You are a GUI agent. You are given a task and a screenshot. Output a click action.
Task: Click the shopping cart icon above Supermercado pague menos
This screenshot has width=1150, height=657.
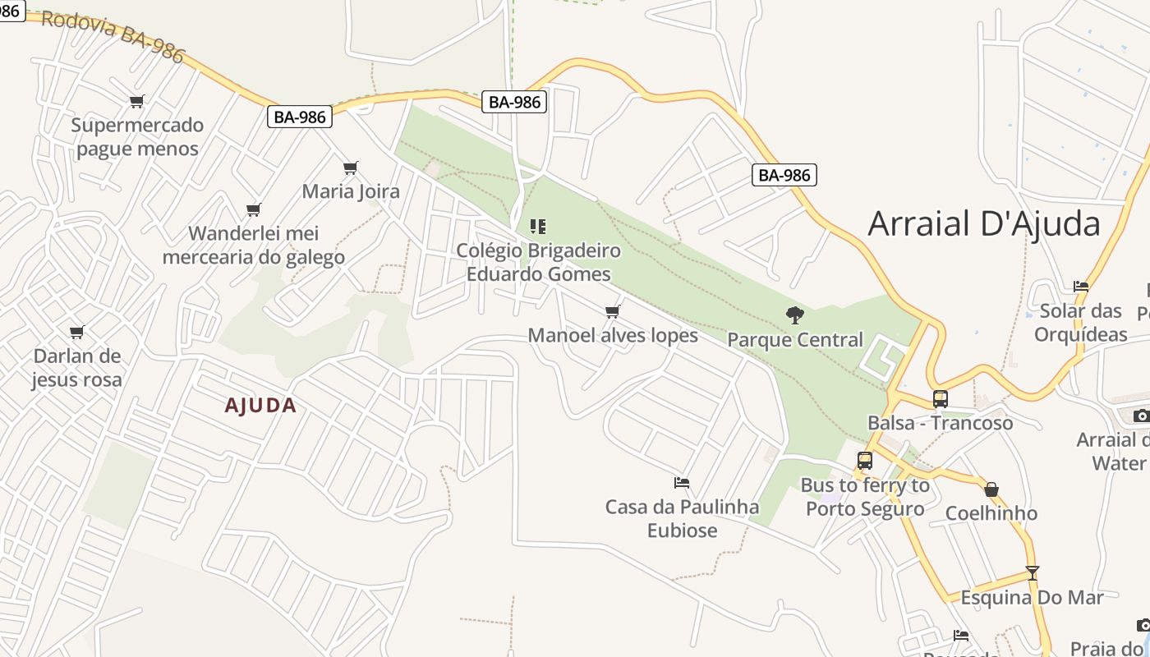(x=137, y=102)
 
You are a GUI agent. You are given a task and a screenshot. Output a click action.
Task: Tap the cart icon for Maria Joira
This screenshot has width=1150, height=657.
(x=351, y=168)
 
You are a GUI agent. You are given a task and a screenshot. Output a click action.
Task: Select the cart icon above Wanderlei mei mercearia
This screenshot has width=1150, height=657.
(x=254, y=210)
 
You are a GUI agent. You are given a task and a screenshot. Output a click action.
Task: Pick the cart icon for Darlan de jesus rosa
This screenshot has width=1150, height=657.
(x=77, y=333)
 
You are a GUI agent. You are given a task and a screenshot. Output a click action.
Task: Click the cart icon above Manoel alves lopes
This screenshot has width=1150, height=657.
(x=612, y=312)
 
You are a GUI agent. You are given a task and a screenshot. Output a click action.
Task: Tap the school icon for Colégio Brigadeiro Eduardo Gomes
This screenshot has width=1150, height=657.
(x=538, y=226)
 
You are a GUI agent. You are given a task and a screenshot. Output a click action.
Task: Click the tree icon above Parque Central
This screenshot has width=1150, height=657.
(x=794, y=315)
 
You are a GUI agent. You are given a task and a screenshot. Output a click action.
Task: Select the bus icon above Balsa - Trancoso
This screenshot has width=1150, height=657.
(x=941, y=399)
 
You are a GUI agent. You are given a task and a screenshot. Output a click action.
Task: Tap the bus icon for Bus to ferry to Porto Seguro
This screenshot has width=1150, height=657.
(x=865, y=461)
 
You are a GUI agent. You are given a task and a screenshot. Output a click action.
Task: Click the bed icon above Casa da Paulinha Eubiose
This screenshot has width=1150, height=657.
(x=682, y=483)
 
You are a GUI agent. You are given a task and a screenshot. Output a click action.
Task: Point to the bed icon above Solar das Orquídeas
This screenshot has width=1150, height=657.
(x=1081, y=287)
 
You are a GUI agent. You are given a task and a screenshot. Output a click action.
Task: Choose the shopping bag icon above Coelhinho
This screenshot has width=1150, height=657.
(x=991, y=490)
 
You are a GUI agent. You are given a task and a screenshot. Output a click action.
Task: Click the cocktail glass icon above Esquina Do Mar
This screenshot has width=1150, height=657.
(x=1033, y=573)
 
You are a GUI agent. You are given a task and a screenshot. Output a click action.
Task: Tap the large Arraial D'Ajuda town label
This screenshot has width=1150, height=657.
(x=983, y=223)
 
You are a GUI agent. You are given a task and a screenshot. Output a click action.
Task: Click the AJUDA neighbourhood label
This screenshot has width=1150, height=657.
(x=260, y=406)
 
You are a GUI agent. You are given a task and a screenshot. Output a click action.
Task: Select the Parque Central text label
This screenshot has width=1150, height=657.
(x=795, y=340)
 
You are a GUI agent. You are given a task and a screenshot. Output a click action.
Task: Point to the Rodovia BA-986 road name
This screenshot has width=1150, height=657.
(x=113, y=36)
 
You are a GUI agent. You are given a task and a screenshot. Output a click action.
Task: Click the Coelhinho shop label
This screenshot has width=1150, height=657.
(x=991, y=513)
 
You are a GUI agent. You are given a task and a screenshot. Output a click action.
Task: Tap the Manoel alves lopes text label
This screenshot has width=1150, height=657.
(x=613, y=335)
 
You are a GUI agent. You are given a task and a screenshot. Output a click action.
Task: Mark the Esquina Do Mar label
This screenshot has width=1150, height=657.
(x=1032, y=597)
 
